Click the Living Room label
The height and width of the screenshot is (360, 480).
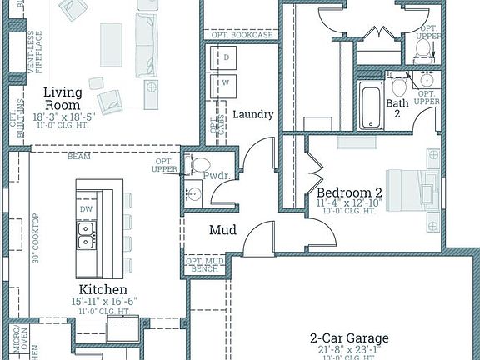click(62, 99)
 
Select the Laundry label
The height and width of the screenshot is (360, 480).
click(253, 115)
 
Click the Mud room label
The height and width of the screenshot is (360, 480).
click(222, 230)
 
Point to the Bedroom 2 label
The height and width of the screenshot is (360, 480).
click(348, 192)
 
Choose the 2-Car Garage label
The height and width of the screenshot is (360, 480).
click(349, 337)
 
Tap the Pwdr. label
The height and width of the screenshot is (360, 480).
click(215, 176)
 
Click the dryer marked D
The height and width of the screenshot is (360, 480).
click(225, 57)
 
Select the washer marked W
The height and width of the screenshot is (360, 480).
click(225, 83)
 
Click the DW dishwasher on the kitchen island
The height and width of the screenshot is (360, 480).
click(86, 209)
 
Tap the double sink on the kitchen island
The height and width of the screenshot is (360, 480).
click(85, 242)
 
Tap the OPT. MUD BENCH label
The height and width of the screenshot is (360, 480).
click(202, 265)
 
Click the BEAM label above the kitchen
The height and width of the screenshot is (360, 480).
click(80, 156)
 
